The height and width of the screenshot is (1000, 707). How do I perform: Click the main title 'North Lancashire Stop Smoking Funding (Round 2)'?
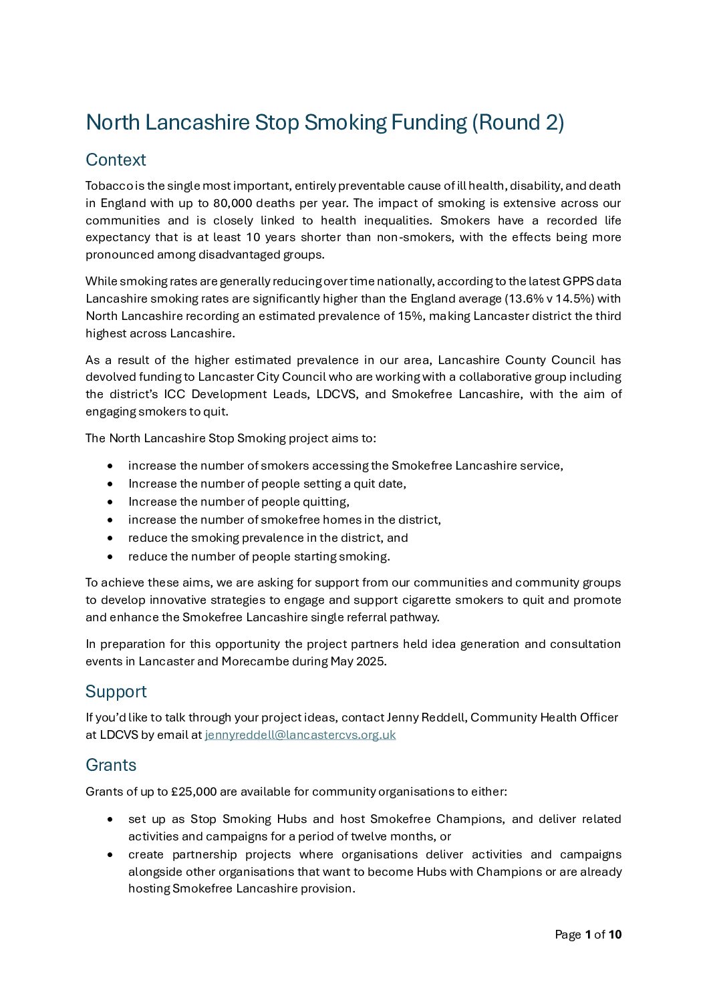[x=325, y=122]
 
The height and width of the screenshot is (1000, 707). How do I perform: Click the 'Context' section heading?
[x=116, y=160]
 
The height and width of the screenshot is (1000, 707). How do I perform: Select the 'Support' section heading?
[x=116, y=691]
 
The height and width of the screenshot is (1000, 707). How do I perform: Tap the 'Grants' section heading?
[x=111, y=765]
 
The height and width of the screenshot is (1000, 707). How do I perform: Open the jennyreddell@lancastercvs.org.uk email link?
[x=300, y=735]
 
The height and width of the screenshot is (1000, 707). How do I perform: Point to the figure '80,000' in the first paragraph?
[x=233, y=203]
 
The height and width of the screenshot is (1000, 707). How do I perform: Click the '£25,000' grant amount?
[x=194, y=792]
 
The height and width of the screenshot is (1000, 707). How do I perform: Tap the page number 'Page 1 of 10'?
[x=588, y=935]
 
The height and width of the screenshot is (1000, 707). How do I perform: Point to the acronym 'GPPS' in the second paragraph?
[x=578, y=281]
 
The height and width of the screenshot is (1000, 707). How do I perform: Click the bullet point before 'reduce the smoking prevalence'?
[x=110, y=538]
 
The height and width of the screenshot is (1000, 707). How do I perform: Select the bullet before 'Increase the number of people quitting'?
[x=110, y=502]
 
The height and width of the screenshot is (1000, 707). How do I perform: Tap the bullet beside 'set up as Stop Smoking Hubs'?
[x=110, y=820]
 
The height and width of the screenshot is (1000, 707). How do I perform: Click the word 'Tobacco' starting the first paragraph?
[x=109, y=186]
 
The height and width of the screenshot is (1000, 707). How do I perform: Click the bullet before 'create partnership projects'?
[x=110, y=855]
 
